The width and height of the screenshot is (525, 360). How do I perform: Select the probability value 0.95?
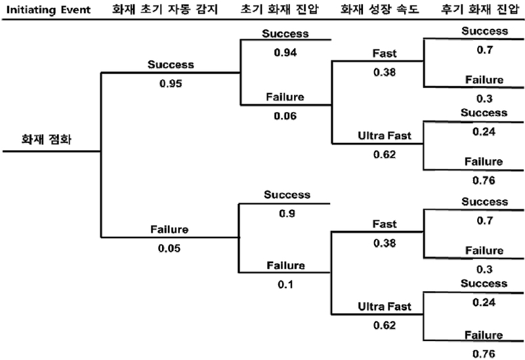coord(170,84)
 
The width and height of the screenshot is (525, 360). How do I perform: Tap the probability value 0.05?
coord(170,249)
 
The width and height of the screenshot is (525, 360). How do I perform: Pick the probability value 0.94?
coord(285,52)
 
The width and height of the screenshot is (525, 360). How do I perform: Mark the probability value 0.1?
coord(285,285)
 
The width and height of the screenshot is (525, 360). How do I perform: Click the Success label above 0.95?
coord(170,64)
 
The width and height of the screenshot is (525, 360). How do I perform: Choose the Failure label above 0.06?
coord(285,98)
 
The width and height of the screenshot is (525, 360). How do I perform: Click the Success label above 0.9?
coord(287,195)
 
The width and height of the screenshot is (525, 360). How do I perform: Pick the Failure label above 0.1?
coord(285,266)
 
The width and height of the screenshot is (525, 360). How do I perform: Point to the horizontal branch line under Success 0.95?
coord(171,73)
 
